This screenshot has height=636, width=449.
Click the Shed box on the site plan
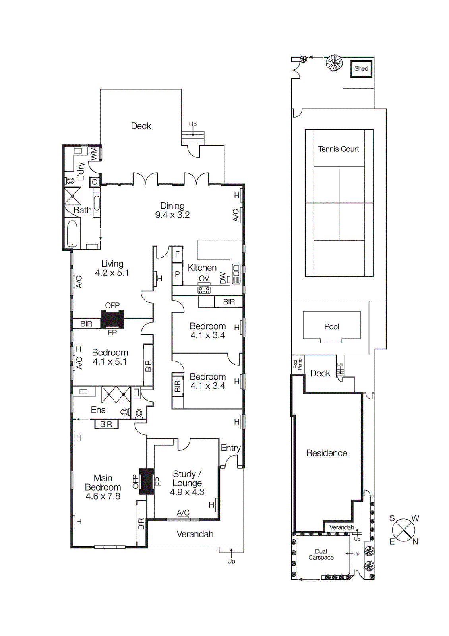[361, 69]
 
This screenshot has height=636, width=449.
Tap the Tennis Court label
[338, 149]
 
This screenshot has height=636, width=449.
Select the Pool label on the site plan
[331, 327]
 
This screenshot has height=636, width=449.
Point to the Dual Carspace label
[321, 555]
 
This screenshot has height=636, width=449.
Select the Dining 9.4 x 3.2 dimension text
[172, 215]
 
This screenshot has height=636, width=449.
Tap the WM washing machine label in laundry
[94, 154]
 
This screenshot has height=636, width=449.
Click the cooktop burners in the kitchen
[204, 290]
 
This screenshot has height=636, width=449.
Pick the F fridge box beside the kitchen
[177, 254]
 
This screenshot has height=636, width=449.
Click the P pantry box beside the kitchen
[177, 274]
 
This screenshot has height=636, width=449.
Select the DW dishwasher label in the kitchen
[223, 278]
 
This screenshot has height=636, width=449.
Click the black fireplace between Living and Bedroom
[112, 319]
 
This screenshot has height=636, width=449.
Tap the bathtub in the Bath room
[72, 234]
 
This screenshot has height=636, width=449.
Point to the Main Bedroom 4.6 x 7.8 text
[103, 487]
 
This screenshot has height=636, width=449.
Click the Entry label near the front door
[230, 448]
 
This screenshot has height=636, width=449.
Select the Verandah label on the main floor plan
[195, 534]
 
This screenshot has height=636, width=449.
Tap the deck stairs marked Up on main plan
[193, 138]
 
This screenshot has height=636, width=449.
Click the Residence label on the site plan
[326, 453]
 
